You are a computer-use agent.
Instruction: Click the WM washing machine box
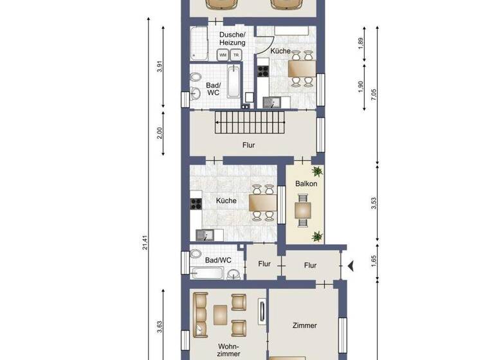click(223, 55)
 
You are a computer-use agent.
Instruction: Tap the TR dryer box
click(235, 55)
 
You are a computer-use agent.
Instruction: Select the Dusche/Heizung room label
click(232, 39)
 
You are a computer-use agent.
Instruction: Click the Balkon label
click(305, 184)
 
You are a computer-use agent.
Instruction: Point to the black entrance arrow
click(351, 265)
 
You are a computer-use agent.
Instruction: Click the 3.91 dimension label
click(160, 67)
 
